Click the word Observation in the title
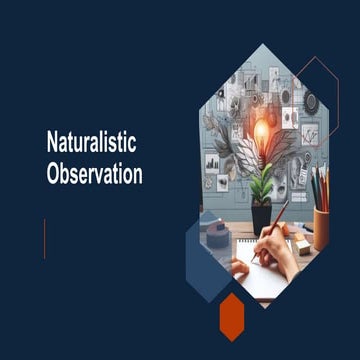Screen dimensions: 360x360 (x=94, y=173)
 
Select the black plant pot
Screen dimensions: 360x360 (x=261, y=216)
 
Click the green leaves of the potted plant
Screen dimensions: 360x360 (x=262, y=185)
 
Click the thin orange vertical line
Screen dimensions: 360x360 (x=45, y=238)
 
